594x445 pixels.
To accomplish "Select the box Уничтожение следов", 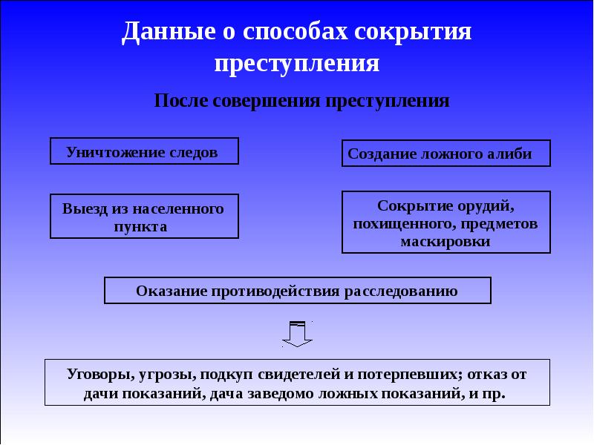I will point(144,151).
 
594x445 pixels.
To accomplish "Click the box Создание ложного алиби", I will point(446,154).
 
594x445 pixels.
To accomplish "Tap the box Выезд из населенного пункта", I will point(144,217).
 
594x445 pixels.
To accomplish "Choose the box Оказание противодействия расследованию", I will point(297,291).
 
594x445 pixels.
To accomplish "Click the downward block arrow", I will point(298,333).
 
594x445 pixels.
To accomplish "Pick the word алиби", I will point(512,154).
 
